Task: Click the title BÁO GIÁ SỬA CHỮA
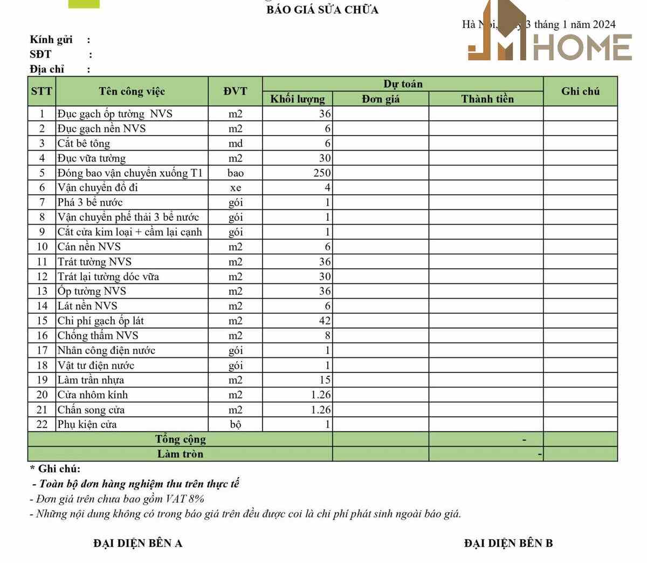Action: coord(322,10)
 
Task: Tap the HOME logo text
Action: coord(582,48)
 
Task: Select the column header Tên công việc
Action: coord(132,91)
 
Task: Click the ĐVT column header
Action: coord(235,91)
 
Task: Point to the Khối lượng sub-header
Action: coord(298,99)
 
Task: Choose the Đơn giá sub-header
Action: coord(381,99)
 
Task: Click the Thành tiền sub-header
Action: coord(487,99)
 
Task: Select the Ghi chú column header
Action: coord(580,91)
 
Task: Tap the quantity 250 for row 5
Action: coord(322,173)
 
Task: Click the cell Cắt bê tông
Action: coord(84,144)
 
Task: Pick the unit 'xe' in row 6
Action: coord(235,188)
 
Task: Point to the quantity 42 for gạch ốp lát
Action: coord(325,321)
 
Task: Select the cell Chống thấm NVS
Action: coord(98,336)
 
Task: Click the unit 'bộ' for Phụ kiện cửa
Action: coord(235,424)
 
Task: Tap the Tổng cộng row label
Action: coord(180,439)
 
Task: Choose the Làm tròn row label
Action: coord(180,454)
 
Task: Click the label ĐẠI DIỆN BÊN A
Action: coord(137,543)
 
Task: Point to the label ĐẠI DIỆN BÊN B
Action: coord(508,543)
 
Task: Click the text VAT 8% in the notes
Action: coord(184,499)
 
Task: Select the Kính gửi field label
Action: coord(51,39)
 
